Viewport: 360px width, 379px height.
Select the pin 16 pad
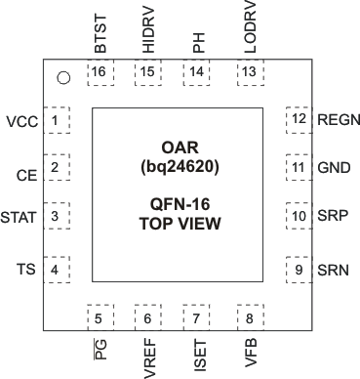99,72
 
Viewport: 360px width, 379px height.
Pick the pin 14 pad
198,72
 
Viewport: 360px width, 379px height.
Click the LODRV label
248,29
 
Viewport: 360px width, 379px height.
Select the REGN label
339,119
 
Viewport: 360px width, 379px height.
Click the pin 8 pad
249,317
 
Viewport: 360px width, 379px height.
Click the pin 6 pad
148,317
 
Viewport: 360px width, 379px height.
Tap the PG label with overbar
99,349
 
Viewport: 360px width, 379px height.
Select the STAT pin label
20,217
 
